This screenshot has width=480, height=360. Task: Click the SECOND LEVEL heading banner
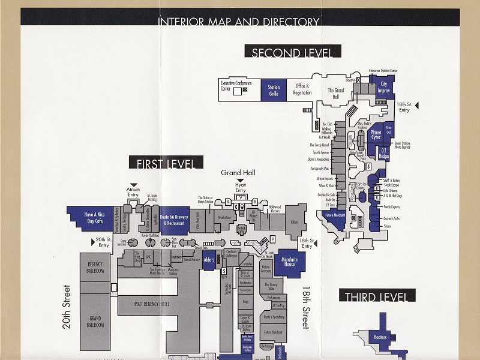point(292,52)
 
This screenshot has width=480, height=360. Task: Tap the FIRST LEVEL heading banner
point(166,163)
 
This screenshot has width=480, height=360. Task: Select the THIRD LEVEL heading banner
point(376,296)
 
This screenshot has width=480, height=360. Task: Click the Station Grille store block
point(274,91)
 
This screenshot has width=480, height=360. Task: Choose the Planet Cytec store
point(376,134)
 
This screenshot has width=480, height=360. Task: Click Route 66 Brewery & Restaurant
point(174,219)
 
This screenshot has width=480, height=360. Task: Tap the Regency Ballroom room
point(96,268)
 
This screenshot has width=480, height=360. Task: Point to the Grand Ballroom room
point(96,321)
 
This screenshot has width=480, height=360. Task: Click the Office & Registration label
point(302,89)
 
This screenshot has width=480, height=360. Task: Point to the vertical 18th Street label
point(305,306)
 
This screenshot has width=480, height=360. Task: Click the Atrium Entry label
point(133,191)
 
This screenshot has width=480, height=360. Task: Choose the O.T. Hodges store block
point(384,153)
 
